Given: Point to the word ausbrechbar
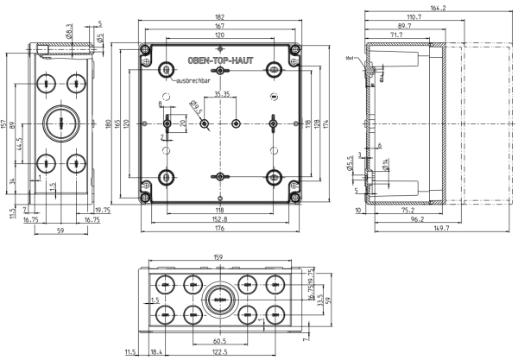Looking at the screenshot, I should [x=194, y=80].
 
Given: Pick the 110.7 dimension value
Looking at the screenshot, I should [x=414, y=17].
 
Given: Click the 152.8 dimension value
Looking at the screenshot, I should [x=222, y=218].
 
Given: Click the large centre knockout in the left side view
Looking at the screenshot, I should [x=63, y=123].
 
